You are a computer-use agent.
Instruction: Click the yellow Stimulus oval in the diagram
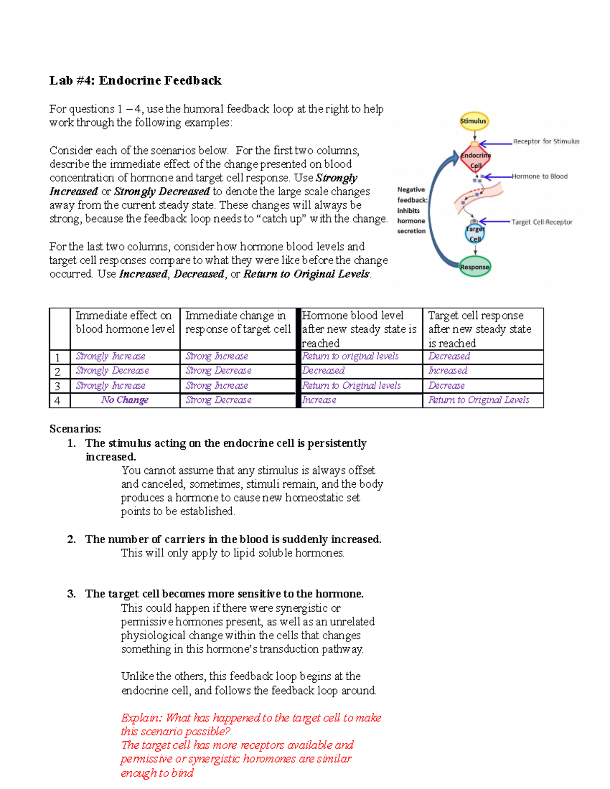(x=473, y=121)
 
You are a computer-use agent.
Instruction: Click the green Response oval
(x=475, y=267)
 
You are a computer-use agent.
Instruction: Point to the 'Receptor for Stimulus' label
(x=546, y=141)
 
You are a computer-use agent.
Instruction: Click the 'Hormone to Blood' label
(x=539, y=176)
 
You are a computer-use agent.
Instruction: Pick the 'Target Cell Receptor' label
(x=541, y=222)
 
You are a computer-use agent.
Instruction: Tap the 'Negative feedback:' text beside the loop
(x=412, y=195)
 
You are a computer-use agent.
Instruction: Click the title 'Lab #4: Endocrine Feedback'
(x=135, y=80)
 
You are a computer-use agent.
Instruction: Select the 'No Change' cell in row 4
(x=125, y=400)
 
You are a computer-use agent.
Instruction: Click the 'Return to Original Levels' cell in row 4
(x=478, y=400)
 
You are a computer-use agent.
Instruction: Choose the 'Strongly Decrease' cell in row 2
(x=112, y=371)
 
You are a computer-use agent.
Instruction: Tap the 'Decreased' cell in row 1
(x=449, y=356)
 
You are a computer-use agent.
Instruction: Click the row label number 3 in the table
(x=57, y=386)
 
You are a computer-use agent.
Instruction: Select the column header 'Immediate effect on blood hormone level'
(x=125, y=322)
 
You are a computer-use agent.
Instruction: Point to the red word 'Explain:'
(x=141, y=718)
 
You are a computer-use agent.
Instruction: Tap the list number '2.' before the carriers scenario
(x=71, y=539)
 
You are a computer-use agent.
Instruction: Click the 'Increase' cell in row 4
(x=319, y=400)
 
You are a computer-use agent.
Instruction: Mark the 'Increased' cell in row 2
(x=447, y=371)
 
